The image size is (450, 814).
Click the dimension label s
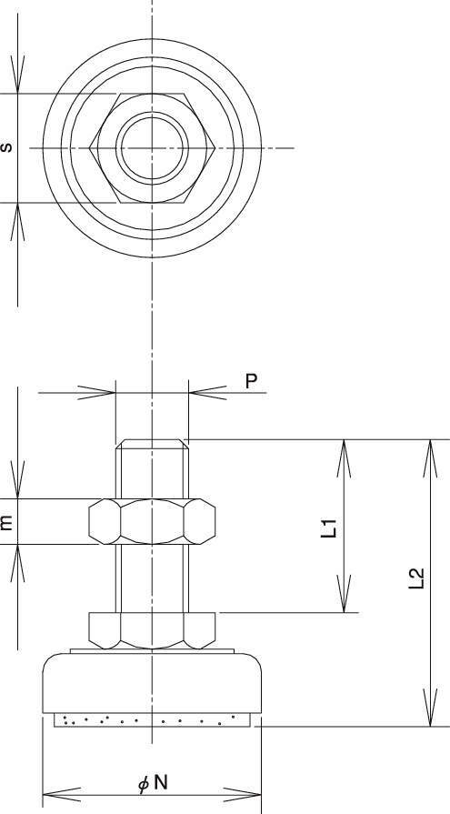pyautogui.click(x=6, y=147)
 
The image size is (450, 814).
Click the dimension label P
pyautogui.click(x=251, y=381)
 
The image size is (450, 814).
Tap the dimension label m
pyautogui.click(x=6, y=522)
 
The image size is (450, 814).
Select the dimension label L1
pyautogui.click(x=329, y=528)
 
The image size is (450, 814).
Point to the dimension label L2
pyautogui.click(x=416, y=578)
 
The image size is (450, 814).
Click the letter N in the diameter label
pyautogui.click(x=161, y=782)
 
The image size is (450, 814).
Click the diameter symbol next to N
pyautogui.click(x=144, y=784)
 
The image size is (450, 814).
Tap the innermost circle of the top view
pyautogui.click(x=152, y=148)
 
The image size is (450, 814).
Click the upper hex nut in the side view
pyautogui.click(x=152, y=521)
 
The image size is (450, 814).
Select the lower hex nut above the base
pyautogui.click(x=152, y=630)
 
